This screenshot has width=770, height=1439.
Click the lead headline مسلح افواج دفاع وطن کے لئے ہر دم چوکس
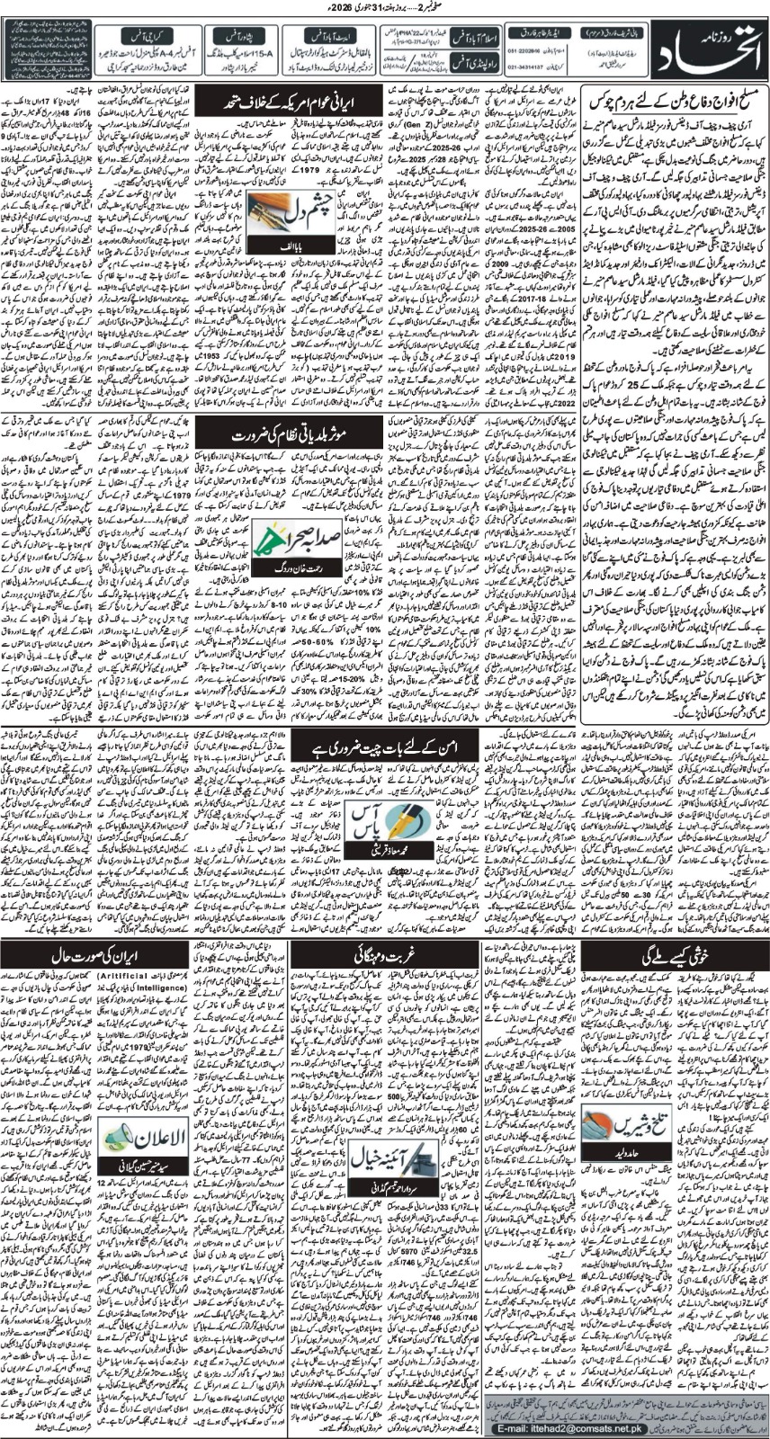[x=675, y=96]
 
